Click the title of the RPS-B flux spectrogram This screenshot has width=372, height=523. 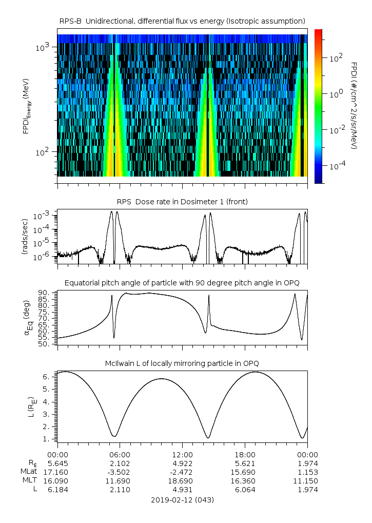pos(182,21)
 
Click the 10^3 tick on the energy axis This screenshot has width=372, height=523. pos(43,47)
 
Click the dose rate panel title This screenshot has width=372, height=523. pos(182,202)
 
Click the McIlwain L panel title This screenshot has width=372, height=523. pos(182,363)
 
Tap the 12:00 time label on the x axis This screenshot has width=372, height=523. pos(182,454)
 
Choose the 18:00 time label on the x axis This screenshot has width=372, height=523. pos(245,454)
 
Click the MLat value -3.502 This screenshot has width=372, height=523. pos(120,472)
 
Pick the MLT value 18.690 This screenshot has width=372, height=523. pos(182,480)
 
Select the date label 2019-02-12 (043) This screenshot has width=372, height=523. pos(182,500)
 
